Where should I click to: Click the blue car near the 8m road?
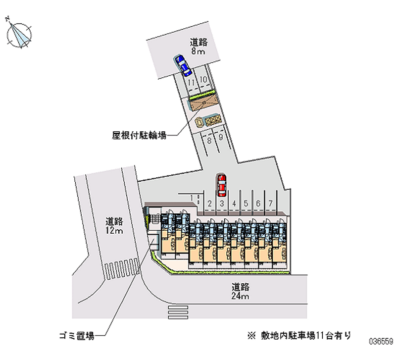pos(183,65)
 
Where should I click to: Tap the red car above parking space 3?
pos(221,185)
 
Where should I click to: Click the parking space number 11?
pos(191,82)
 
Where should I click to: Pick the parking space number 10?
pos(203,79)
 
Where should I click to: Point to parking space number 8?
pos(209,141)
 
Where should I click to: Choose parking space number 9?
pos(221,137)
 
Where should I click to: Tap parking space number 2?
pos(209,204)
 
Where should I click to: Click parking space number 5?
pos(246,204)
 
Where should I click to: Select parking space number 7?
pos(270,204)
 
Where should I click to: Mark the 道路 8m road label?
pos(198,47)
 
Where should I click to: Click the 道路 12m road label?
pos(114,226)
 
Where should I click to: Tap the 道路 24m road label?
pos(240,291)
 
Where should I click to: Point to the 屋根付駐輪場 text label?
pos(139,136)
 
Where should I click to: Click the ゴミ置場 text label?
pos(77,336)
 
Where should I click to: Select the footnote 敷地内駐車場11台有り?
pos(299,336)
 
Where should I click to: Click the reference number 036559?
pos(381,342)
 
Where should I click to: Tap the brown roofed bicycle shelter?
pos(203,102)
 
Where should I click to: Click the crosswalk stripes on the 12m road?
pos(122,268)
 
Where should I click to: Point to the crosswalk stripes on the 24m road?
pos(178,312)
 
